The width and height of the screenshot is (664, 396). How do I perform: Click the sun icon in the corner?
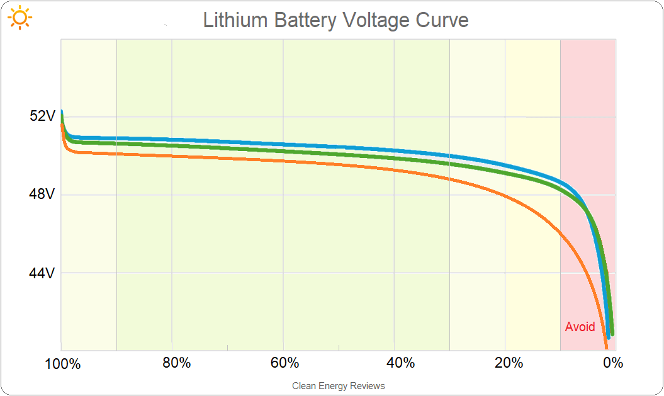(20, 18)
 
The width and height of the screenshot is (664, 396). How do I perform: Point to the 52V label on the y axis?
(43, 116)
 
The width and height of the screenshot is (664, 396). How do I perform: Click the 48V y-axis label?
(43, 195)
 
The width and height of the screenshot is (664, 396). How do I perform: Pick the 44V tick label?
(43, 273)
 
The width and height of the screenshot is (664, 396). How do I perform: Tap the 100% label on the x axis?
(62, 364)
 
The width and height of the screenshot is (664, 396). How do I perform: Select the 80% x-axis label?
(176, 364)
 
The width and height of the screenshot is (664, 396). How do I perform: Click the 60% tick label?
(284, 364)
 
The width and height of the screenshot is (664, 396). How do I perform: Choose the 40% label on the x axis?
(400, 364)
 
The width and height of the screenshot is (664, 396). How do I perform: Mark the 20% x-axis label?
(509, 364)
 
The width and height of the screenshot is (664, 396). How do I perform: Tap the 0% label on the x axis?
(612, 364)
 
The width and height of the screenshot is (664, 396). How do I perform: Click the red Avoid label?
(580, 327)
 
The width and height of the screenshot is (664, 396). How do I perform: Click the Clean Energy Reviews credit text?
(338, 386)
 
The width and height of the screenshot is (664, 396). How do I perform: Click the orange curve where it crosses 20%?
(505, 196)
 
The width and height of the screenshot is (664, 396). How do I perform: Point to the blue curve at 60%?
(283, 145)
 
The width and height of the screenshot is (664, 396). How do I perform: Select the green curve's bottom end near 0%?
(611, 332)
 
